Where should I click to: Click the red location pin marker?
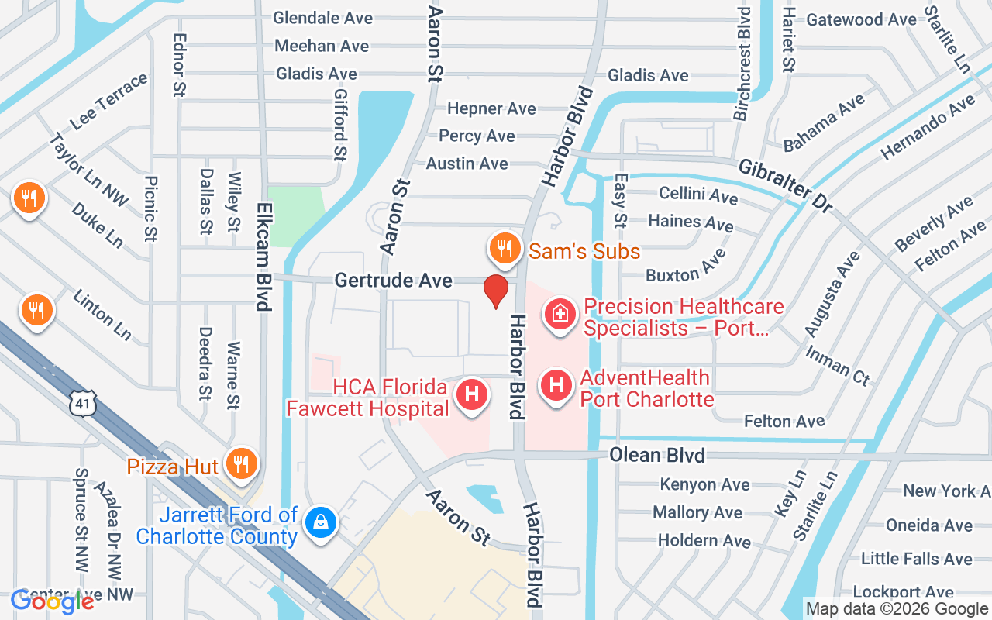point(496,291)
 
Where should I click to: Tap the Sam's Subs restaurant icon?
point(503,249)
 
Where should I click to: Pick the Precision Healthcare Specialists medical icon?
point(559,314)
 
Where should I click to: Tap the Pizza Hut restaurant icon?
point(242,463)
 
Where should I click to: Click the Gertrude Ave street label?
point(394,280)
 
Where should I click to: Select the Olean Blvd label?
point(657,455)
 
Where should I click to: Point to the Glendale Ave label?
point(323,18)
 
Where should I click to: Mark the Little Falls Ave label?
point(916,558)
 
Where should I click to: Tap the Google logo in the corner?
point(52,600)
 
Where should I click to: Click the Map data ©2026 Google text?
point(897,609)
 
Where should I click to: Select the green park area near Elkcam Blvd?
point(295,215)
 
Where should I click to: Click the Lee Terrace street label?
point(108,102)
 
